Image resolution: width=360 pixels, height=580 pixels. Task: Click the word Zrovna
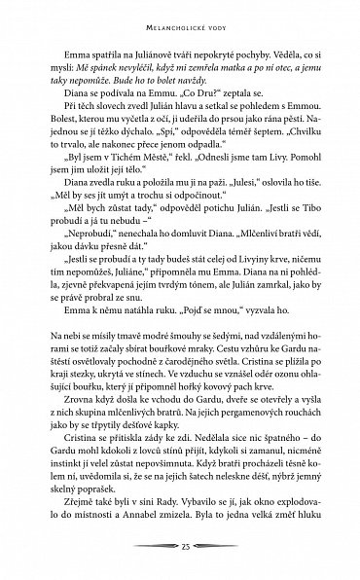(x=79, y=430)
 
